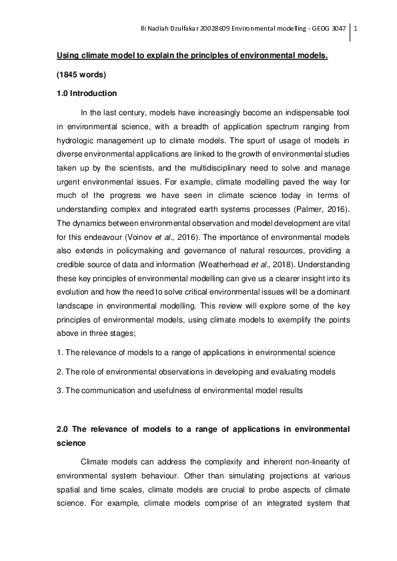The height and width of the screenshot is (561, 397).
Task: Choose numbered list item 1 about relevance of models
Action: click(x=195, y=352)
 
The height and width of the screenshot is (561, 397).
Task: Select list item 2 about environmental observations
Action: click(x=195, y=371)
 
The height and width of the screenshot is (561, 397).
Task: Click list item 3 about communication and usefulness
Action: click(x=179, y=390)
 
